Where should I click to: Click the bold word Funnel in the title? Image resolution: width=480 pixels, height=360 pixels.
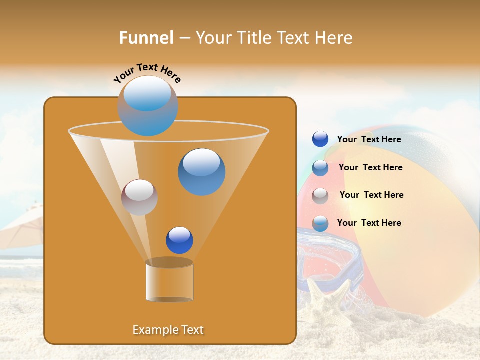coord(146,38)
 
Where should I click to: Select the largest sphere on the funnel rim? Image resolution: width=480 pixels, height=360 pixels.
coord(148,105)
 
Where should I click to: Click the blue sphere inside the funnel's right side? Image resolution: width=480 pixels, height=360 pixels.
coord(201,172)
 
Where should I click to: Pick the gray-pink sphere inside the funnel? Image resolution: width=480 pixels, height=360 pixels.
coord(139,197)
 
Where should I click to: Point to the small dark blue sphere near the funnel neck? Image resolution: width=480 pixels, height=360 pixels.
coord(179,240)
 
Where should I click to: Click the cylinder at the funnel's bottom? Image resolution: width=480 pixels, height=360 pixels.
coord(169,281)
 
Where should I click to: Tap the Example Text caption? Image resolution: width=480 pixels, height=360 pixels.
coord(168,330)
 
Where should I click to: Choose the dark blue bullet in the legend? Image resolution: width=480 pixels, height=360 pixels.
coord(320,139)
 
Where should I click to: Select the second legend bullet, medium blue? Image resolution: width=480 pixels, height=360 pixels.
coord(320,168)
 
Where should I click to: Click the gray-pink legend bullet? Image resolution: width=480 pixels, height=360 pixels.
coord(320,196)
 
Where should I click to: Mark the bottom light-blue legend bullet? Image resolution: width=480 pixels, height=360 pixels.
coord(320,223)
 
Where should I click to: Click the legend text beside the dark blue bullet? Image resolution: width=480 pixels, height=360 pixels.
coord(369,140)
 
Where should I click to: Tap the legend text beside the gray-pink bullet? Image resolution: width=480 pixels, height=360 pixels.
coord(371,195)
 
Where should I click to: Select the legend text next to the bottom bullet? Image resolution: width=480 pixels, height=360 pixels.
coord(369,223)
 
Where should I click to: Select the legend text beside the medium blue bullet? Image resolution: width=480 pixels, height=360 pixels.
coord(370,167)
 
